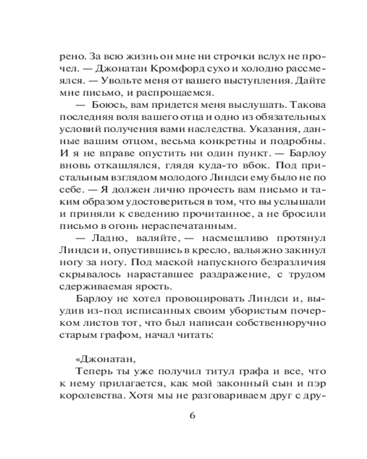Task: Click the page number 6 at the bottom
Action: (x=192, y=416)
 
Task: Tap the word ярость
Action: (x=153, y=287)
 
